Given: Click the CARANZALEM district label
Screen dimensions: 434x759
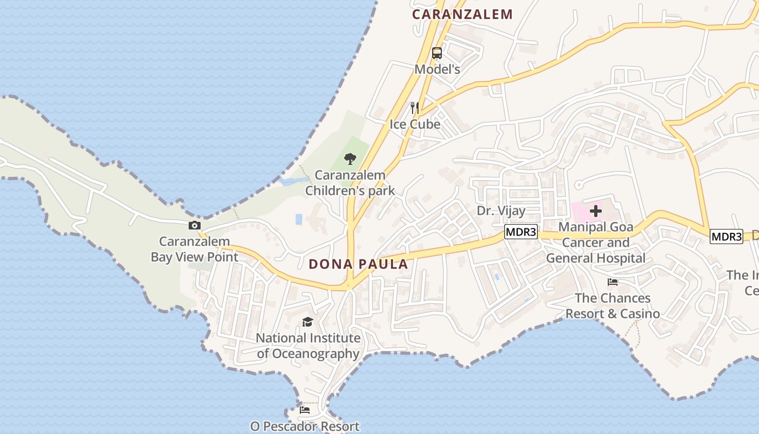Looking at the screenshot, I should click(462, 14).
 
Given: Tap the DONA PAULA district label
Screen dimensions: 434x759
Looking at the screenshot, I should click(358, 264).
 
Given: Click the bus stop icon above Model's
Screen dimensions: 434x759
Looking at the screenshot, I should click(437, 53).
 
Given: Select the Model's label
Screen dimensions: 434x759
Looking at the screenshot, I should click(437, 69).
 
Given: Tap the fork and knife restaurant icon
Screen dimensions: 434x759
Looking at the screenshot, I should click(415, 107).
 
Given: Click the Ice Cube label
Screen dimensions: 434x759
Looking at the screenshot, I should click(415, 124).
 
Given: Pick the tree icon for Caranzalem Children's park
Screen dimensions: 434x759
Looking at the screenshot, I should click(350, 159).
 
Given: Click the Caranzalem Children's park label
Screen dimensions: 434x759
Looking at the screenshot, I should click(350, 183).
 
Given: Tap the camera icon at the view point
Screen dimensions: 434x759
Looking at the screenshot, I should click(195, 226).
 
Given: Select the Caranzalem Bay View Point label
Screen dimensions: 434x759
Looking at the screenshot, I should click(195, 249).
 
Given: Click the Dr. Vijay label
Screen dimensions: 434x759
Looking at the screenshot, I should click(501, 210).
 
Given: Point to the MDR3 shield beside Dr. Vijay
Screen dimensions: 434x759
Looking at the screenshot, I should click(520, 232).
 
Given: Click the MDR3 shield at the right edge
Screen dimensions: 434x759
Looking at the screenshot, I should click(726, 237).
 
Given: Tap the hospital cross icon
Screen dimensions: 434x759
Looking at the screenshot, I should click(596, 210).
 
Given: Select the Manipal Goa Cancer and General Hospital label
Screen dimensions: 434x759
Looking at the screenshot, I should click(595, 242).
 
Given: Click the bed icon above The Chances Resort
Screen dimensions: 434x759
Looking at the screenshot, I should click(613, 282).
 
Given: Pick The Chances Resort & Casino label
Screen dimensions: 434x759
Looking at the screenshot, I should click(613, 305).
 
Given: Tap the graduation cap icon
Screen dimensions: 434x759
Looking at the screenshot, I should click(307, 322).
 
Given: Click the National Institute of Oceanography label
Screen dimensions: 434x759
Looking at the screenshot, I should click(308, 346).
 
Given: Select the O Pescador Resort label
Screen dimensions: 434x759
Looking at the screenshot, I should click(305, 426).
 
